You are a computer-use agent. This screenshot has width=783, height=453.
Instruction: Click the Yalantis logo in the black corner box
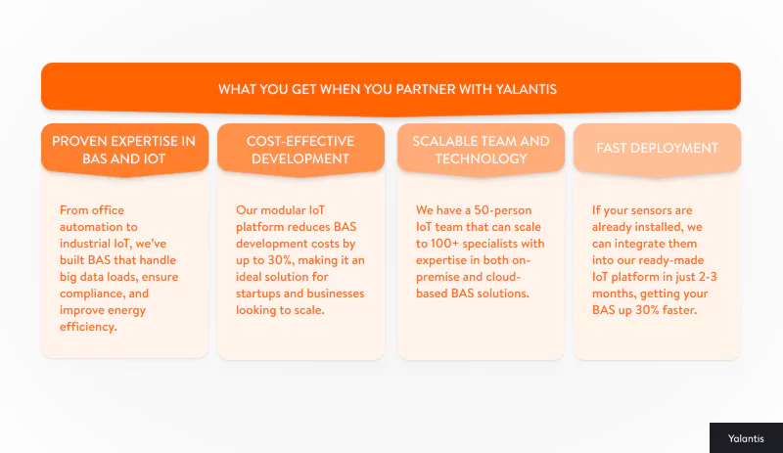click(x=745, y=438)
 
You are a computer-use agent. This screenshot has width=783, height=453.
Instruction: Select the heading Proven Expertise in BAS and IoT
click(x=124, y=149)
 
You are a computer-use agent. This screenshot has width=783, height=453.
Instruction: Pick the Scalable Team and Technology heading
click(x=481, y=149)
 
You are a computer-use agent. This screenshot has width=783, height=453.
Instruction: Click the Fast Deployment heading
click(x=657, y=149)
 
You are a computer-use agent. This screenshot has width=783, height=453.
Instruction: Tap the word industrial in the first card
click(x=86, y=244)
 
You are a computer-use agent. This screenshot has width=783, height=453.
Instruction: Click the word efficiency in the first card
click(x=87, y=327)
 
